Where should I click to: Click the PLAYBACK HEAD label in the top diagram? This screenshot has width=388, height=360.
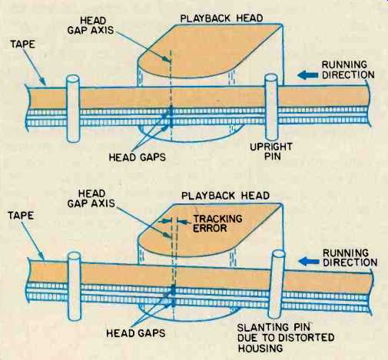pos(221,18)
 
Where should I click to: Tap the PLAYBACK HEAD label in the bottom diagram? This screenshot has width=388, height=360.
pos(225,196)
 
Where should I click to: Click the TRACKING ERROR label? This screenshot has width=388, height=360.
pos(217,223)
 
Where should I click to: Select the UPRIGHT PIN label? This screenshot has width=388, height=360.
pos(271,151)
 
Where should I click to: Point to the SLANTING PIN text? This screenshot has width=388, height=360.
pos(274,328)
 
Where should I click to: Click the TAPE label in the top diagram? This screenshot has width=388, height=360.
pos(22,44)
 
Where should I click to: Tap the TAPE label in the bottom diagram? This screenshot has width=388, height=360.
pos(21,215)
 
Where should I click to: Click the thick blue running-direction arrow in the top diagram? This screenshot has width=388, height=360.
pos(307,75)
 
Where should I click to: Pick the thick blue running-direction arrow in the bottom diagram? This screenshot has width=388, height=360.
pos(309,262)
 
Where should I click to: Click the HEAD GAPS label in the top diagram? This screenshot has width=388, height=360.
pos(138,157)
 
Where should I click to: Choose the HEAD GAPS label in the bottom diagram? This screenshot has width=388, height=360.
pos(136,333)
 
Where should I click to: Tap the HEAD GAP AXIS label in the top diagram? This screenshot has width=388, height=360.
pos(91,25)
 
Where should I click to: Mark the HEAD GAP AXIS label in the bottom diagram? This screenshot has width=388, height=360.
pos(91,198)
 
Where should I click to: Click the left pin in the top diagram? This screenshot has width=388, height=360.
pos(73,108)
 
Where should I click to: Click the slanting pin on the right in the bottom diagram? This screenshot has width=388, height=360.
pos(277,284)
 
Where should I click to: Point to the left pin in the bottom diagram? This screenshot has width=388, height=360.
pos(75,286)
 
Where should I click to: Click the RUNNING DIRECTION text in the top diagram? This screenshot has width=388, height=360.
pos(348,70)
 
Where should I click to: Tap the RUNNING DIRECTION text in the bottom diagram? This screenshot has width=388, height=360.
pos(350,258)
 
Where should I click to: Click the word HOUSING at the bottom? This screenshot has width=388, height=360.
pos(260,348)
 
